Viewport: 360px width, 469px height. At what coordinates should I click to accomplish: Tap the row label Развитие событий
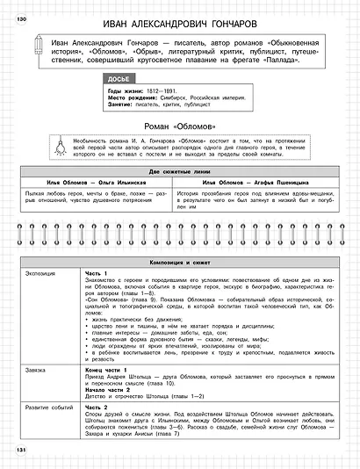click(48, 407)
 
